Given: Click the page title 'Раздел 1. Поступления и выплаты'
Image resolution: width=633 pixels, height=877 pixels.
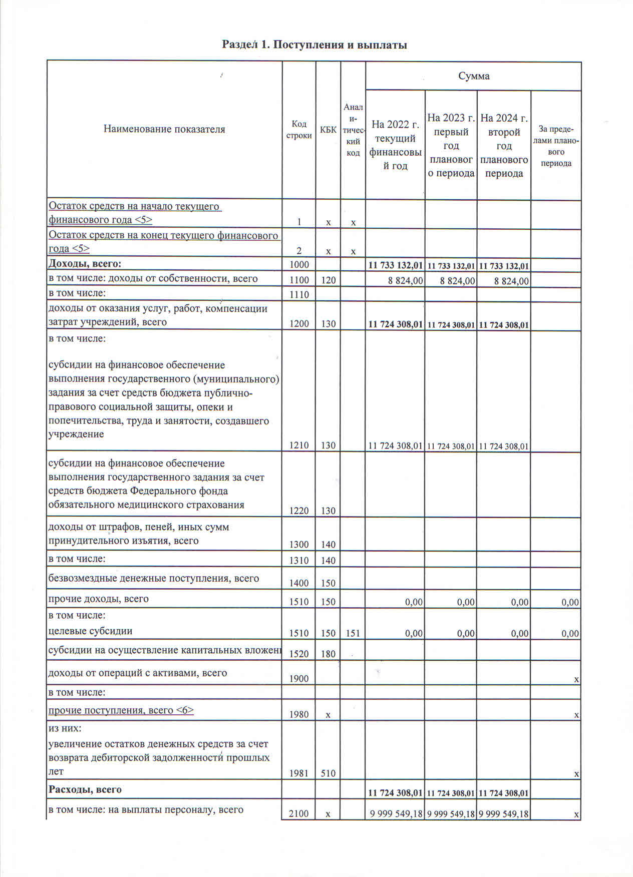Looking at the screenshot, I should click(314, 45).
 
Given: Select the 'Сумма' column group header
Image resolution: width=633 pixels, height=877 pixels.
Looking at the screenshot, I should click(473, 76).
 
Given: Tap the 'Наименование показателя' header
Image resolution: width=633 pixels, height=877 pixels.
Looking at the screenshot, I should click(164, 129).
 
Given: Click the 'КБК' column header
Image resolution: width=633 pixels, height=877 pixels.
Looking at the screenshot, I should click(328, 130).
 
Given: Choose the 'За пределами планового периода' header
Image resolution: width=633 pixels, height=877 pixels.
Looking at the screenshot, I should click(556, 146).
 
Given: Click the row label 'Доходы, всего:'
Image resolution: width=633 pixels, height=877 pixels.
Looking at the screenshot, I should click(85, 264).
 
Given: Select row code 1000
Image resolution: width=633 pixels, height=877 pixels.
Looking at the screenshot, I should click(299, 264).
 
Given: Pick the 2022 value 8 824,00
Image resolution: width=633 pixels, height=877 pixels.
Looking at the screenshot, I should click(405, 281).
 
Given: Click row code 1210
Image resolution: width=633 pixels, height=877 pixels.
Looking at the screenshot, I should click(299, 445).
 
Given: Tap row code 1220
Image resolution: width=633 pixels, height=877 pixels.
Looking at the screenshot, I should click(299, 511).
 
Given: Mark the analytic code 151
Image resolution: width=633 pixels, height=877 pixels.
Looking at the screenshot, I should click(353, 633).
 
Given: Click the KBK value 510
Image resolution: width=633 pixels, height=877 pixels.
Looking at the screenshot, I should click(328, 773).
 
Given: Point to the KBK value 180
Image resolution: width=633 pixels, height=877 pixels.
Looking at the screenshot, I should click(328, 654).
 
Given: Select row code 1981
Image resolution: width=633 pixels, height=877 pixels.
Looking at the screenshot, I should click(299, 773).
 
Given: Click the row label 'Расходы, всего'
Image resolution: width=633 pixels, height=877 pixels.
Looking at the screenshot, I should click(85, 789).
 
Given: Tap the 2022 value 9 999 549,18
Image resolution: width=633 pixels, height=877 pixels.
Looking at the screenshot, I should click(396, 813).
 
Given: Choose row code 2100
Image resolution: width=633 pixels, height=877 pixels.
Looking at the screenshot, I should click(299, 813).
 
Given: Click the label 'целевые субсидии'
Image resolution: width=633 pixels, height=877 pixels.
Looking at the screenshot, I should click(91, 631).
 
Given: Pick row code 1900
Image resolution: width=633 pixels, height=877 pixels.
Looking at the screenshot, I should click(299, 678).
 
